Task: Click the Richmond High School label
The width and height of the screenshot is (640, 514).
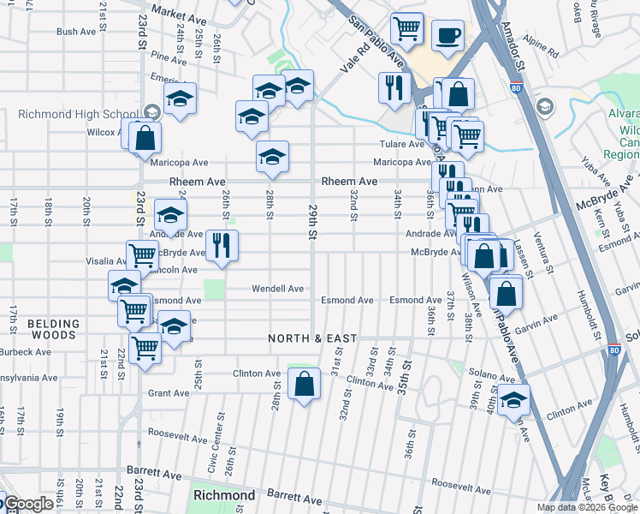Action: [x=78, y=114]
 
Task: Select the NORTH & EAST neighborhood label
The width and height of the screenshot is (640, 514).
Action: [x=312, y=338]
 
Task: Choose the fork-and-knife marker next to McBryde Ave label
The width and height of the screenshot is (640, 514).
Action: [x=222, y=246]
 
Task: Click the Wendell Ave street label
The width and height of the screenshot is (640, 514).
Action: [x=277, y=289]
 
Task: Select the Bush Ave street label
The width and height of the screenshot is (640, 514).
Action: [x=75, y=32]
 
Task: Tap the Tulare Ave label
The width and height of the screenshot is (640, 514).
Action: [x=404, y=145]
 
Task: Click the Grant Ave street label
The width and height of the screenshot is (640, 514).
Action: [x=168, y=393]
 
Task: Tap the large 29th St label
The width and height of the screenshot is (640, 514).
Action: [x=313, y=221]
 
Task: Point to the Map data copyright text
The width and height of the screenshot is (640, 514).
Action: [x=586, y=507]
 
